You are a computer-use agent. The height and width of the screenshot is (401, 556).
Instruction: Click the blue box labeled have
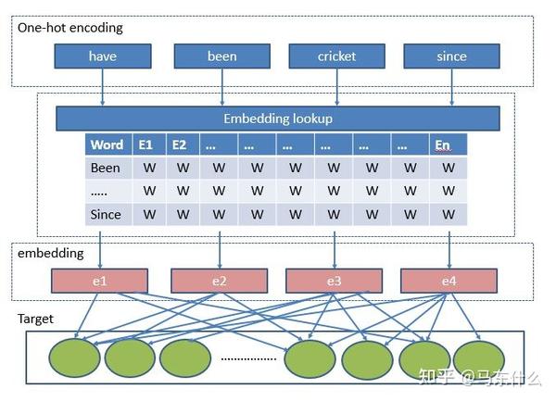pyautogui.click(x=102, y=56)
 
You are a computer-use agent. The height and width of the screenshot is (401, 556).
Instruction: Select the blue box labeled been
pyautogui.click(x=221, y=56)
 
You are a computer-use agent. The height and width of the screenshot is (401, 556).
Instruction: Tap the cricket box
pyautogui.click(x=335, y=56)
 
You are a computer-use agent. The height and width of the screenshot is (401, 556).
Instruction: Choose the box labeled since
pyautogui.click(x=450, y=56)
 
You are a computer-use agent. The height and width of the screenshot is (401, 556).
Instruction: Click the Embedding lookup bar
pyautogui.click(x=278, y=119)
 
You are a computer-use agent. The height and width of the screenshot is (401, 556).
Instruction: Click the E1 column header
pyautogui.click(x=145, y=145)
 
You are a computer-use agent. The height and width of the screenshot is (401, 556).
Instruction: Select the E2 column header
pyautogui.click(x=180, y=145)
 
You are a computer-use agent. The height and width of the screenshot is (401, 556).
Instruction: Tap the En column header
pyautogui.click(x=443, y=145)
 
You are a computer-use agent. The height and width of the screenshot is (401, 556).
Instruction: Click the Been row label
pyautogui.click(x=106, y=169)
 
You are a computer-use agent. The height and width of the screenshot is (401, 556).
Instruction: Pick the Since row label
pyautogui.click(x=106, y=214)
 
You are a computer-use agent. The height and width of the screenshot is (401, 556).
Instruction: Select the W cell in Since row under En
pyautogui.click(x=449, y=214)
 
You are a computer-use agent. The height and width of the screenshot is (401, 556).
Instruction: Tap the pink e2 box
pyautogui.click(x=220, y=281)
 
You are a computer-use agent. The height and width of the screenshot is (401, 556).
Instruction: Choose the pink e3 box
pyautogui.click(x=334, y=281)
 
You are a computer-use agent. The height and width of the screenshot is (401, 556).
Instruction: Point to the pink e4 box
pyautogui.click(x=449, y=281)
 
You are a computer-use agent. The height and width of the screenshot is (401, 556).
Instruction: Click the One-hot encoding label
pyautogui.click(x=69, y=28)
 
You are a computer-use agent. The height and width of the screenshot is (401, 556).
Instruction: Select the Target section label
pyautogui.click(x=35, y=319)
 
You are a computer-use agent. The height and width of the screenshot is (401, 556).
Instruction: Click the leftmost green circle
pyautogui.click(x=73, y=358)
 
